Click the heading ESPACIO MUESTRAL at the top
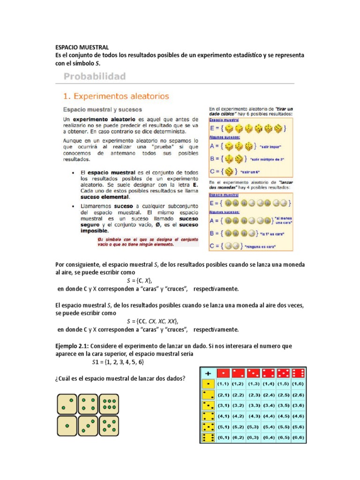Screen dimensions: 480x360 point(82,47)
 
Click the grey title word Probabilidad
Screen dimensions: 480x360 point(94,76)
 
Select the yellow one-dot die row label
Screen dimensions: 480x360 point(207,384)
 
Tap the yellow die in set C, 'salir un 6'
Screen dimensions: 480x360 point(230,171)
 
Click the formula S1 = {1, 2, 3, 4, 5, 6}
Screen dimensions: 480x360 point(117,362)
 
